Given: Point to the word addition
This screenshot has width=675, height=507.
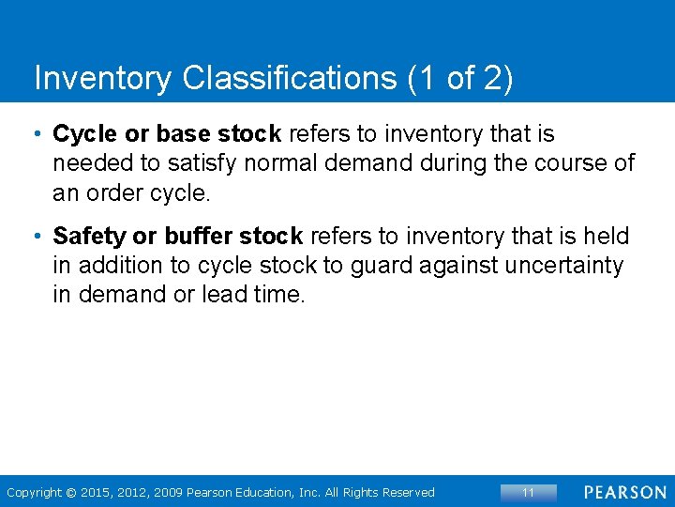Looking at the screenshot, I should click(118, 266).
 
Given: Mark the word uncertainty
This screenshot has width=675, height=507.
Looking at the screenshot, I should click(563, 266).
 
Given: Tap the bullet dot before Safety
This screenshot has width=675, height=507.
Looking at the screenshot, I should click(38, 236).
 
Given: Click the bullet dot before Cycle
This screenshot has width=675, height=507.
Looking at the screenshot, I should click(38, 134).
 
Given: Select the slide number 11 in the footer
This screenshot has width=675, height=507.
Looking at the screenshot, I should click(528, 492).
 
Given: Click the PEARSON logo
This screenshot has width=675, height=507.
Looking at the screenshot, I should click(624, 492).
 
